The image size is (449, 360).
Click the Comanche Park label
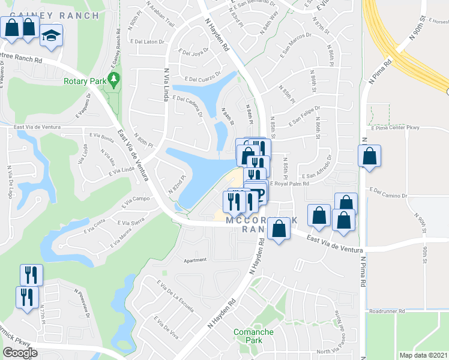click(254, 336)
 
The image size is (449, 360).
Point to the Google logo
click(20, 353)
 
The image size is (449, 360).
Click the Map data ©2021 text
click(423, 355)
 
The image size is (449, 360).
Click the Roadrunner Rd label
click(388, 311)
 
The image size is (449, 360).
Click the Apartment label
click(196, 260)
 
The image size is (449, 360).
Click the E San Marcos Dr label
click(297, 51)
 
